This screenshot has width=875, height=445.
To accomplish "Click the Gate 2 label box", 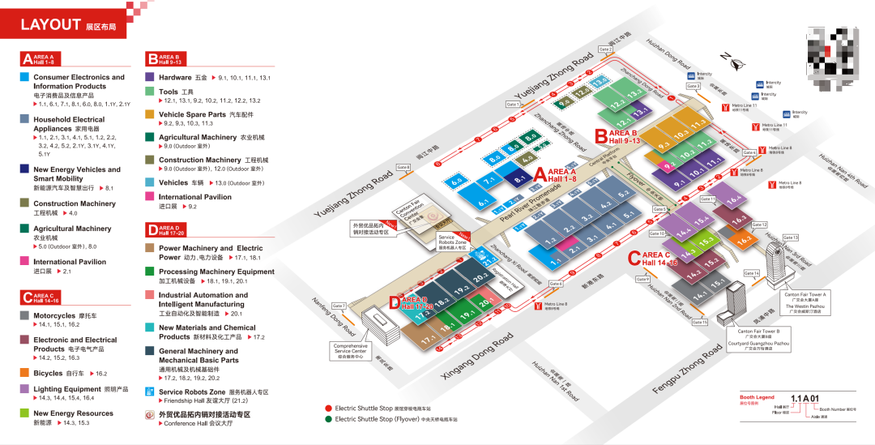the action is [x=605, y=49].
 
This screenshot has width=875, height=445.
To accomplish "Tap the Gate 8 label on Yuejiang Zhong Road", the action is [x=403, y=168].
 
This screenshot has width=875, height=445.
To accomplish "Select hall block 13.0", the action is [x=600, y=82].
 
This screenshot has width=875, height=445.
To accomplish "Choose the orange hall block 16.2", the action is [x=744, y=239].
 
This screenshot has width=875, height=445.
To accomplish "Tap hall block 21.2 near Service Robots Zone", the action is [x=490, y=260].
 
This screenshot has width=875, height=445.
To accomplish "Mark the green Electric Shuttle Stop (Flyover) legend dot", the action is [x=328, y=419].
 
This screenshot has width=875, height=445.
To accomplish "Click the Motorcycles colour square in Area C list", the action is [x=26, y=315].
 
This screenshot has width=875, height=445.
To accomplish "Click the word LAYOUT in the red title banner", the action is [x=50, y=25].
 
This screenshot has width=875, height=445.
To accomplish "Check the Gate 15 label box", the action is [x=699, y=323].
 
